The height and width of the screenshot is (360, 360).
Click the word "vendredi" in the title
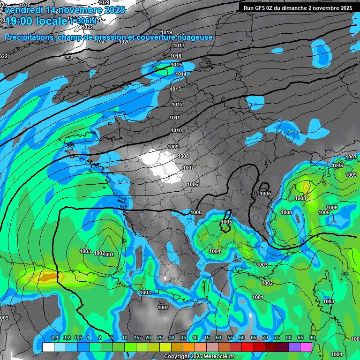tap(24, 10)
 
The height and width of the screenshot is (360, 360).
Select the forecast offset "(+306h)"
tap(84, 21)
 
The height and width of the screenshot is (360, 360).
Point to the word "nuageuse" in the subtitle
tap(194, 37)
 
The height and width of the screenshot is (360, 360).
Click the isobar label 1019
tap(166, 32)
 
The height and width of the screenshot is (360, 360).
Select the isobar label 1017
tap(179, 45)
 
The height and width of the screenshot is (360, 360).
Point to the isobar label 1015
tap(176, 65)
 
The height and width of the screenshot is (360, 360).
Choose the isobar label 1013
tap(175, 89)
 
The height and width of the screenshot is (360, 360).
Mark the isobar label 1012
tap(177, 105)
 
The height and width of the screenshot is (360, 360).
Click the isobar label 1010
tap(176, 130)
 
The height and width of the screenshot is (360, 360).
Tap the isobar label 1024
tap(104, 2)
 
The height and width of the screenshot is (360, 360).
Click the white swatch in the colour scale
tap(48, 347)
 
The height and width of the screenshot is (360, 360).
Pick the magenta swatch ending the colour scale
tap(306, 347)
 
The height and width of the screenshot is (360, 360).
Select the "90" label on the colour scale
tap(312, 337)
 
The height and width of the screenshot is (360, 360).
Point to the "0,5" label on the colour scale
tap(78, 337)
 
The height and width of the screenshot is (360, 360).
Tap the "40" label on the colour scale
tap(195, 337)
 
